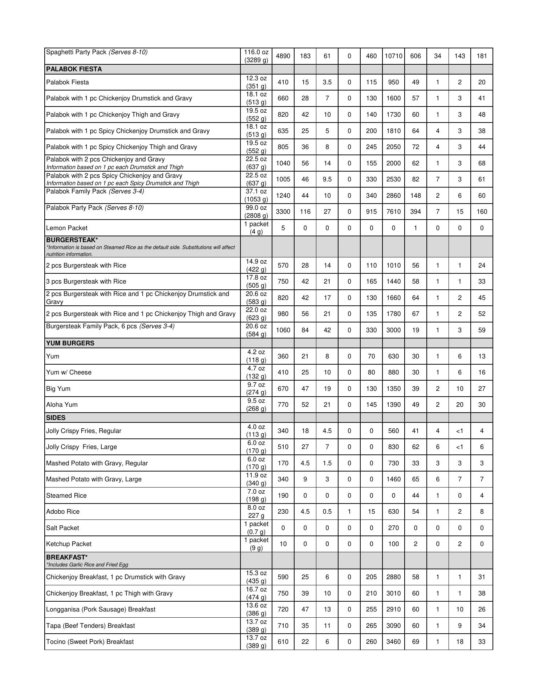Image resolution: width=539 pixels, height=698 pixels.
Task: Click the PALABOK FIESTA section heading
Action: (74, 69)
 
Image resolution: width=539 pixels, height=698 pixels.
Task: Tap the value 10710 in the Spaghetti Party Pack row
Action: (393, 56)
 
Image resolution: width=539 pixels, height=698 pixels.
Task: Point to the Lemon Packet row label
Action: (67, 228)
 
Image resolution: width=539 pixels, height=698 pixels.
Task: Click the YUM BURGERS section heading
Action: (70, 343)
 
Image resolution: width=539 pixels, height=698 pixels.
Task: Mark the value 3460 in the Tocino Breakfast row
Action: (393, 642)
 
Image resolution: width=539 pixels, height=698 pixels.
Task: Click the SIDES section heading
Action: (56, 418)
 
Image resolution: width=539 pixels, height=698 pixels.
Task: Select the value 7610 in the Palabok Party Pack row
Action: (393, 212)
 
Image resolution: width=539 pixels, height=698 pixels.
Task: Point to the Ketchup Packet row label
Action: (69, 544)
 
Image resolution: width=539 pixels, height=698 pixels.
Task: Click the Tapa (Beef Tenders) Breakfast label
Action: (90, 626)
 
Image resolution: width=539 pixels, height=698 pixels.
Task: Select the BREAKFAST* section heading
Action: (67, 557)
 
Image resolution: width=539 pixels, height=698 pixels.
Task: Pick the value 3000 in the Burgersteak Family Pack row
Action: (393, 330)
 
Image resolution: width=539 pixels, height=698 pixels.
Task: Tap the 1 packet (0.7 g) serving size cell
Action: (256, 528)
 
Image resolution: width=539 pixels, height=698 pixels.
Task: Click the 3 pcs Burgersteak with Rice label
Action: (86, 281)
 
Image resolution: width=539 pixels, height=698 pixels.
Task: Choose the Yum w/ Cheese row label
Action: (69, 372)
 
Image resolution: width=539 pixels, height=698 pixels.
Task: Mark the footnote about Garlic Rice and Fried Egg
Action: (87, 565)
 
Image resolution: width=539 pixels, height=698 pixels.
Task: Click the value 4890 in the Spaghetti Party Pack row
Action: (283, 56)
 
